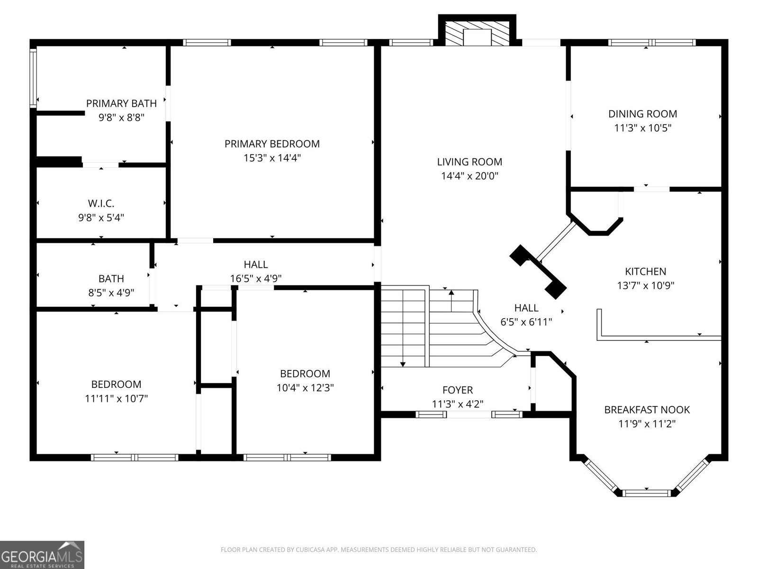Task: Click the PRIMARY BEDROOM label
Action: tap(272, 144)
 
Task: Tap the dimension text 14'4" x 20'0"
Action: tap(469, 176)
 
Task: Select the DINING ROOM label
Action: tap(642, 114)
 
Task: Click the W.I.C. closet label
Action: tap(101, 203)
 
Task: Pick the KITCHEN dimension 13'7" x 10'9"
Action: tap(645, 285)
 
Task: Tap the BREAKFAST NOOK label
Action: tap(647, 410)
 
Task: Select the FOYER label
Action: tap(457, 390)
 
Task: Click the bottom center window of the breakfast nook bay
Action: tap(646, 493)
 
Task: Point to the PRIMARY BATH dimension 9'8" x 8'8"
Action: tap(121, 117)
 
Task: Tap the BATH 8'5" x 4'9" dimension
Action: tap(111, 293)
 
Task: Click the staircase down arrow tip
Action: tap(403, 364)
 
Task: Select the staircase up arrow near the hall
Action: tap(451, 293)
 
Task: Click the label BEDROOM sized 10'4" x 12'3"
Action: tap(305, 374)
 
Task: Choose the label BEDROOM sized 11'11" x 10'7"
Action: tap(116, 384)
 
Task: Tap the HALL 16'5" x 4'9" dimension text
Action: tap(256, 278)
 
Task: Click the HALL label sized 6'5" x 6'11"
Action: tap(526, 308)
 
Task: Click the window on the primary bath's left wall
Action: tap(33, 78)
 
